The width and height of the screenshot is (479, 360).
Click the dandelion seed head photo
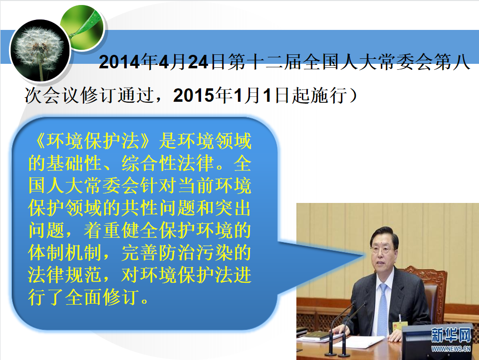[x=40, y=50]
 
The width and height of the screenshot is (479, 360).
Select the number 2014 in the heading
[x=119, y=62]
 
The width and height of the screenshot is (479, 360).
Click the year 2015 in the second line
[x=193, y=95]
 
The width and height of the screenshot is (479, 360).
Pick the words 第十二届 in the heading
[x=265, y=62]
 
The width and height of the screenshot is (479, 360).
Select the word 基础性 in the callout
[x=74, y=164]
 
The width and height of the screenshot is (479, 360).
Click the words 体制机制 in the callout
[x=64, y=253]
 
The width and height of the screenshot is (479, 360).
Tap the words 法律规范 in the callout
[x=64, y=275]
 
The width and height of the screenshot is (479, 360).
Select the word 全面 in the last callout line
[x=83, y=297]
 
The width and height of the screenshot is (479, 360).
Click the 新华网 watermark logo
[x=451, y=335]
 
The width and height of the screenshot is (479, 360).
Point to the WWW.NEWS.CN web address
[x=451, y=349]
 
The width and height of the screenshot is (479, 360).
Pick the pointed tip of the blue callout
[x=364, y=255]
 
